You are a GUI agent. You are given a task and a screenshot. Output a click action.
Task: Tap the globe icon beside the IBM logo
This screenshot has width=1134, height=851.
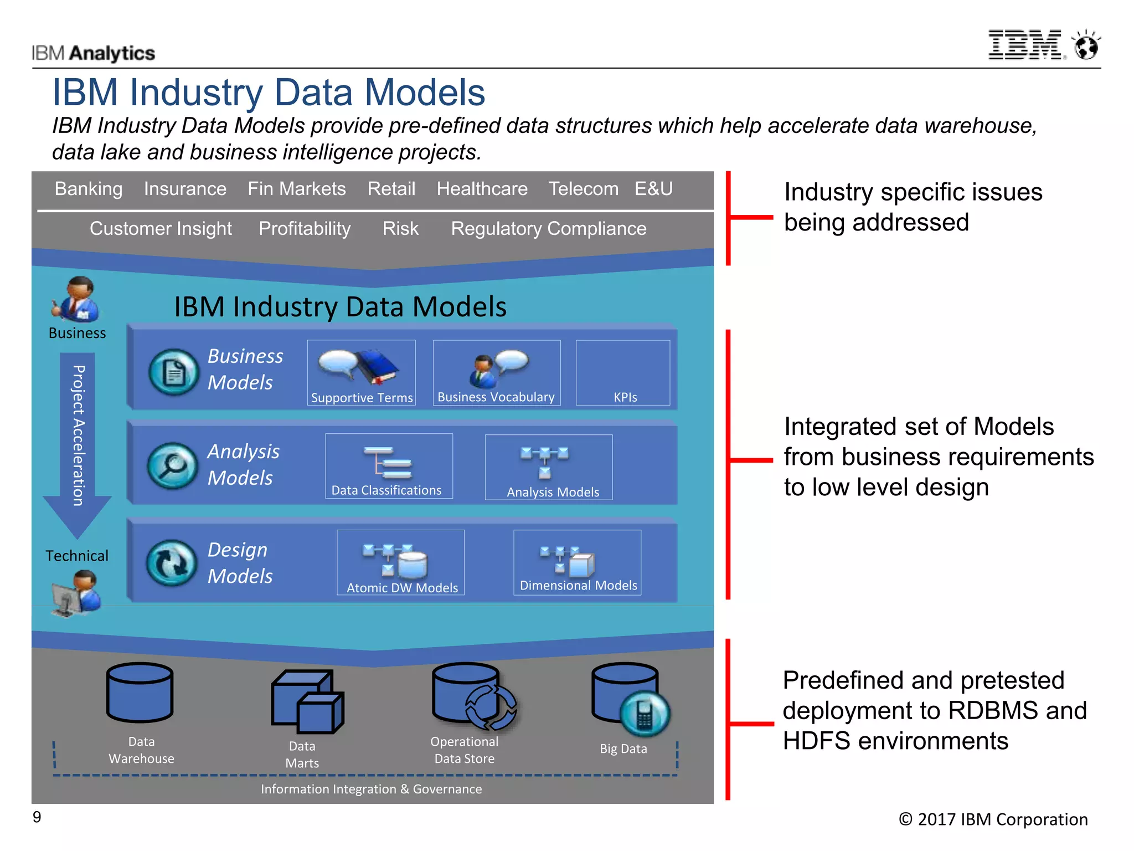[x=1086, y=46]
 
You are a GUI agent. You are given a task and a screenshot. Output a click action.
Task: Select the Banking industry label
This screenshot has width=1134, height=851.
[x=89, y=189]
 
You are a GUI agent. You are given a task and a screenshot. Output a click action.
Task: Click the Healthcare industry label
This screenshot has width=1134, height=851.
[x=482, y=189]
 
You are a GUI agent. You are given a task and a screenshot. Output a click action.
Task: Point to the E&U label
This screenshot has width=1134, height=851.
[x=653, y=189]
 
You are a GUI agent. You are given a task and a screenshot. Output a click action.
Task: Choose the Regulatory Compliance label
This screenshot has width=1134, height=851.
[x=548, y=229]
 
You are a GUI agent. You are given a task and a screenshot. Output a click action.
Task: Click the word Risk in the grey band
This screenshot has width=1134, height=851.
[x=400, y=229]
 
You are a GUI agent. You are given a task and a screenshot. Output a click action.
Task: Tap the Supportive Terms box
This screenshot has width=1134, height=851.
[x=361, y=373]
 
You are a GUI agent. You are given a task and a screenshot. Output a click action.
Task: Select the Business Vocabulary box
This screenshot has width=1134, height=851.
[x=496, y=373]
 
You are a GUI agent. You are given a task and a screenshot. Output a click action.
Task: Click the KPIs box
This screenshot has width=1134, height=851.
[x=623, y=373]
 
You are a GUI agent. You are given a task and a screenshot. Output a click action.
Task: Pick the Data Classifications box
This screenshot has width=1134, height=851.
[x=389, y=466]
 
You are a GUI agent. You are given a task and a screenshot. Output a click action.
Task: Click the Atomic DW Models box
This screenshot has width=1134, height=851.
[x=400, y=562]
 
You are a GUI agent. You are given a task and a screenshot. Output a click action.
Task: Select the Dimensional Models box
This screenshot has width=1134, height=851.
[x=577, y=562]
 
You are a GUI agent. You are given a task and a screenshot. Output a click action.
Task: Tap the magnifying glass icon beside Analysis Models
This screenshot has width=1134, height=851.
[x=173, y=465]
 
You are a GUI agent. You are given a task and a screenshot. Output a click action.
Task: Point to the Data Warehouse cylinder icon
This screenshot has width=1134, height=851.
[x=140, y=693]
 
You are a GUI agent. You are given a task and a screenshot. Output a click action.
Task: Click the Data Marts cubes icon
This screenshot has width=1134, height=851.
[x=307, y=701]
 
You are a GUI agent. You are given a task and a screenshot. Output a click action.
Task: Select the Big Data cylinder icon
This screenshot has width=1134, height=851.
[x=628, y=698]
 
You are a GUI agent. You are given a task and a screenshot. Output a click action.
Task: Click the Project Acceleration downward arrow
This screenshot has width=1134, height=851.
[x=78, y=443]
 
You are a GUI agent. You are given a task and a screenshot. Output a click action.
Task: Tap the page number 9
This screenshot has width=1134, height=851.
[x=37, y=817]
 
